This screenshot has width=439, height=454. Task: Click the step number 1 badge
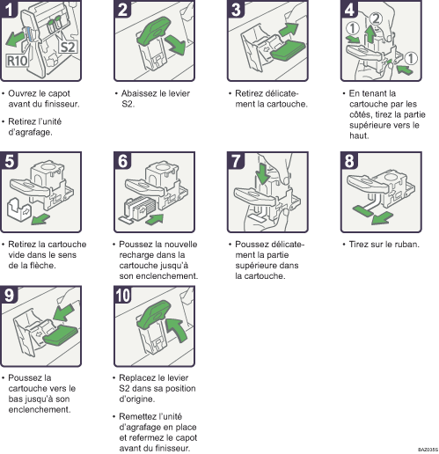point(9,9)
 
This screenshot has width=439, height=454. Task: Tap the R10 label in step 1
point(17,61)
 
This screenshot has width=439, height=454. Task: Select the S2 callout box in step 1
point(68,47)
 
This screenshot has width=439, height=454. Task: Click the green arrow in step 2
point(176,45)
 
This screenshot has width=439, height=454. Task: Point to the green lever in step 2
point(154,29)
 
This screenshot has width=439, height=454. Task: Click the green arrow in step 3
point(288,30)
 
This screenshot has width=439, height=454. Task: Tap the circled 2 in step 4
point(376,19)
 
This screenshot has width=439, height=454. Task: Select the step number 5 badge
point(9,160)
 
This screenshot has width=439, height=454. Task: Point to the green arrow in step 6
point(155,220)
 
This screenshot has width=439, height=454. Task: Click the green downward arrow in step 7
point(262,173)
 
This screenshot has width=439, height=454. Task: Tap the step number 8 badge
point(349,160)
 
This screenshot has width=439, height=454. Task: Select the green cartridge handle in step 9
point(61,335)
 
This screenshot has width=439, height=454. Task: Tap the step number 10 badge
point(123,295)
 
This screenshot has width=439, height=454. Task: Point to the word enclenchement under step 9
point(40,409)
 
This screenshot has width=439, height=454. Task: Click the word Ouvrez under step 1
point(20,93)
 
